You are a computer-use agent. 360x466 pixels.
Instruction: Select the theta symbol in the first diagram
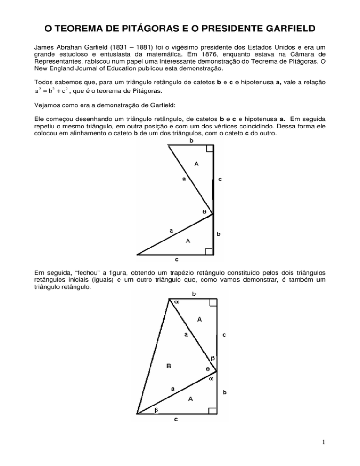(x=204, y=212)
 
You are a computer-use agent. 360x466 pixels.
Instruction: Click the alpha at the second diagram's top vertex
(x=177, y=303)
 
